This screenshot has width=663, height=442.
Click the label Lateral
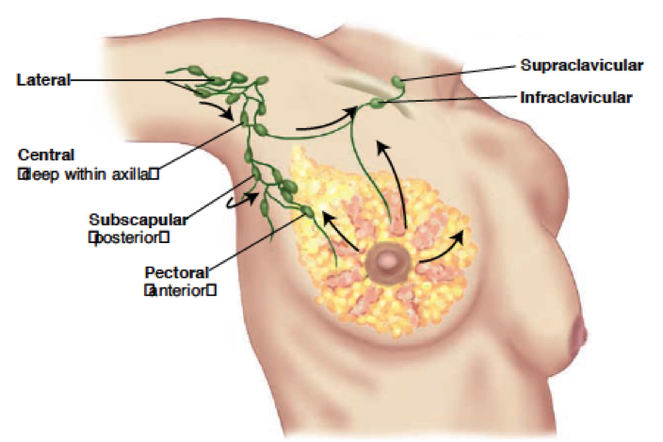[x=43, y=80]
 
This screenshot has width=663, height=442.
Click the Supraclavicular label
[x=582, y=65]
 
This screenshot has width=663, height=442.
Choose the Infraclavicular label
[x=576, y=96]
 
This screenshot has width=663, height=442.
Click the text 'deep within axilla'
[x=86, y=172]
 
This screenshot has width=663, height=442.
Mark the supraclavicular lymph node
[x=397, y=82]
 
